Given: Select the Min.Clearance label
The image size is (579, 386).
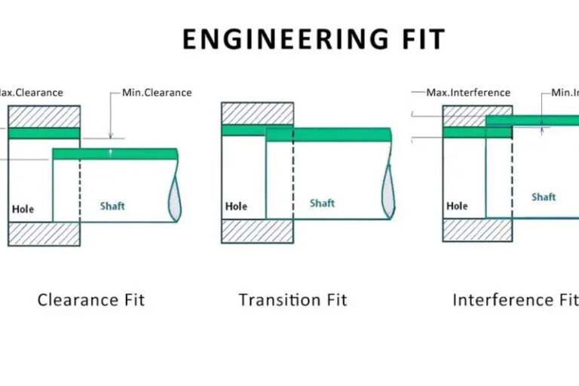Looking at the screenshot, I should (157, 93).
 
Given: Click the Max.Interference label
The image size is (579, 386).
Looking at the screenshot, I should (468, 93).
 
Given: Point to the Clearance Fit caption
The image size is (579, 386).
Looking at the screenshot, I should (90, 300).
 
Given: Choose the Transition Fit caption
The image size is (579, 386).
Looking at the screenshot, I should (293, 300).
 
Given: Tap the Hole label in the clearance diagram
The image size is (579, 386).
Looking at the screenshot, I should (23, 209).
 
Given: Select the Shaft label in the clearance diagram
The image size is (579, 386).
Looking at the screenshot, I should (112, 206).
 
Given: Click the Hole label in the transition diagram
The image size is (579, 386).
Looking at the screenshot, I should (236, 206).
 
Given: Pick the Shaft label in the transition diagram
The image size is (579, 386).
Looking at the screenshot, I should (322, 203).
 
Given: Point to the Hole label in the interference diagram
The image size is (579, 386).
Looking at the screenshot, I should (457, 206).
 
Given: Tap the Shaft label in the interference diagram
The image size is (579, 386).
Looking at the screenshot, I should (543, 197).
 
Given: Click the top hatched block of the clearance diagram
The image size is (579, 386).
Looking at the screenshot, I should (44, 116).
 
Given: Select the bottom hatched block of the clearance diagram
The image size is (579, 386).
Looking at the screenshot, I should (44, 234).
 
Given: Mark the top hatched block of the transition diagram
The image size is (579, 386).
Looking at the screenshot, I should (257, 113).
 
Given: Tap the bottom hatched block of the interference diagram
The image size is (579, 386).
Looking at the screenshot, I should (477, 230).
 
